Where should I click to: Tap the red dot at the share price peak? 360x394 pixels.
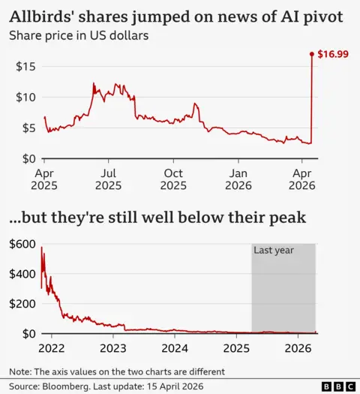point(311,54)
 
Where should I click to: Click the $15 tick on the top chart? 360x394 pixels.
point(25,66)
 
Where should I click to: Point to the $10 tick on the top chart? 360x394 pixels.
point(25,97)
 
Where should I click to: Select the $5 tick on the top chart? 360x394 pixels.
point(27,128)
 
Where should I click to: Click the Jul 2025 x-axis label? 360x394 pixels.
point(108,179)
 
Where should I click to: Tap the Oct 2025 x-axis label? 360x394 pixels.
point(173,179)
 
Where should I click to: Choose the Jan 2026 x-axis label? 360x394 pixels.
point(238,179)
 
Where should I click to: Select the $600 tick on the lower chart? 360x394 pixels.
point(22,243)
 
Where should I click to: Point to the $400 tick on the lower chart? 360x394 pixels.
point(22,273)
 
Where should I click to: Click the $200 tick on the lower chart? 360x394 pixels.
point(22,303)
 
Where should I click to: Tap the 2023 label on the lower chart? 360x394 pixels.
point(112,347)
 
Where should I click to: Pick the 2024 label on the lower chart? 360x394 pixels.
point(174,347)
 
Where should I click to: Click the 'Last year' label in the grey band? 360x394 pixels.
point(273,251)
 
